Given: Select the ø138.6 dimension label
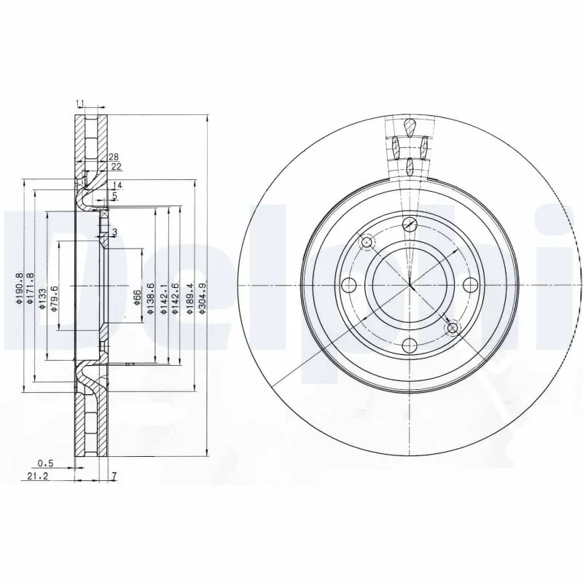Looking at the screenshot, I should click(x=151, y=298).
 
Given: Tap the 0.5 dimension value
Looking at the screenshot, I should click(x=46, y=463).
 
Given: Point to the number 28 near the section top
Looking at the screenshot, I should click(x=113, y=157).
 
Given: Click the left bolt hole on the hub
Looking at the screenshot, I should click(x=349, y=284).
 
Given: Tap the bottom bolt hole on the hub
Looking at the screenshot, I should click(x=410, y=345).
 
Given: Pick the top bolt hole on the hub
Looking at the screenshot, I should click(x=410, y=224).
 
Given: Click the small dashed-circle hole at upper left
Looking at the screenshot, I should click(x=367, y=242).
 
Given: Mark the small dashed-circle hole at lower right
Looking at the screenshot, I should click(x=453, y=328).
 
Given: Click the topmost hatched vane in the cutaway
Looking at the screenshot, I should click(x=411, y=128).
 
